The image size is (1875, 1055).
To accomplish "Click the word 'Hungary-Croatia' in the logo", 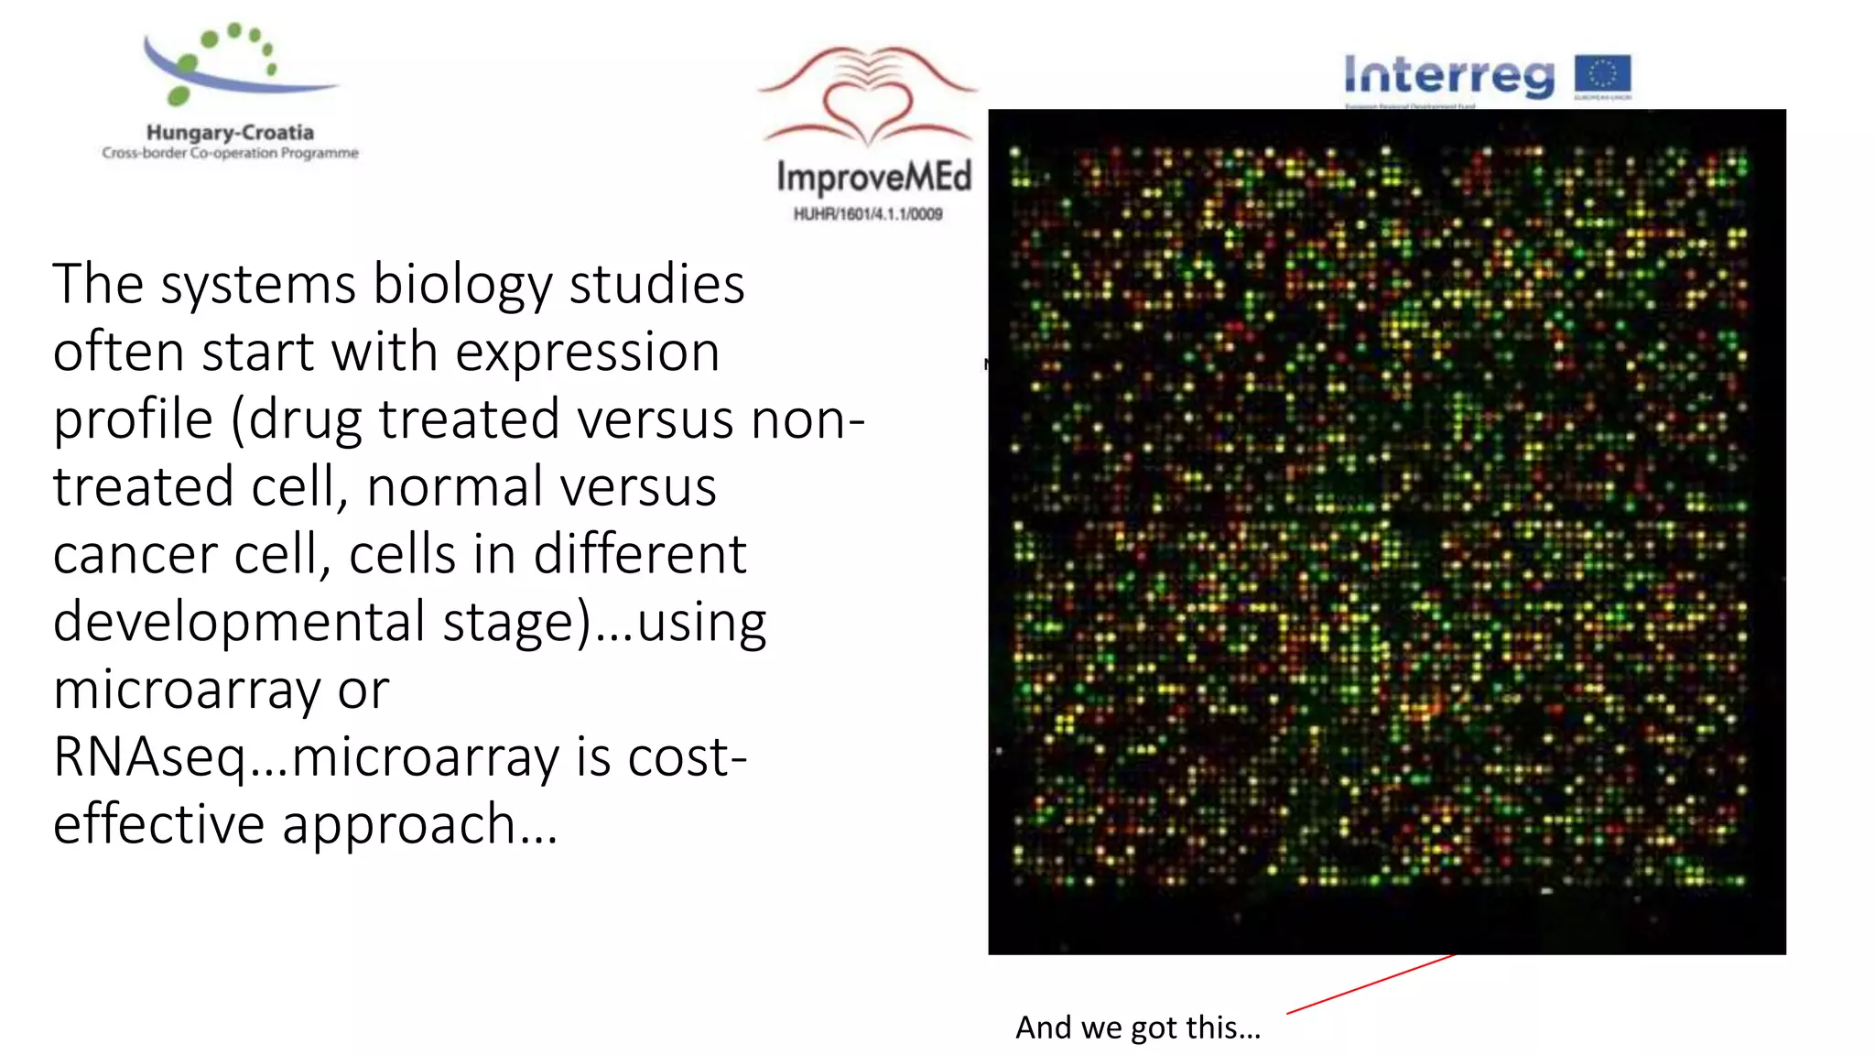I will click(x=230, y=133).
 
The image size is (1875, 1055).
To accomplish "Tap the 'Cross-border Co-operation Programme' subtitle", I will click(x=230, y=153).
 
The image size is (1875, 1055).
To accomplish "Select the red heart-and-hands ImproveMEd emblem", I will click(x=868, y=96).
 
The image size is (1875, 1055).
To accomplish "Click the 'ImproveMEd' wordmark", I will click(x=873, y=177).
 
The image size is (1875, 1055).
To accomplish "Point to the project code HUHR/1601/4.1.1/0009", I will click(x=868, y=214).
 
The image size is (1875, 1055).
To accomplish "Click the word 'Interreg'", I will click(x=1449, y=75).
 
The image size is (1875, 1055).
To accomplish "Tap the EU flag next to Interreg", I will click(x=1602, y=74).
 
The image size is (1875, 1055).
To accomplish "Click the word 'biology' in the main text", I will click(x=462, y=285).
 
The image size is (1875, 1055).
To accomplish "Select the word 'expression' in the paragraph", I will click(x=587, y=353).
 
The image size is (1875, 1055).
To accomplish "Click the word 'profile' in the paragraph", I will click(x=133, y=420).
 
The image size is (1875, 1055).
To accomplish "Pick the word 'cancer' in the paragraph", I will click(x=135, y=555).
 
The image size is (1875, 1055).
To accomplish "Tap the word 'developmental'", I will click(x=240, y=623).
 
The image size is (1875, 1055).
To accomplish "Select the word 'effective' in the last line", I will click(x=158, y=824).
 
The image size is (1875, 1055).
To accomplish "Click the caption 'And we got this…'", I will click(x=1138, y=1028).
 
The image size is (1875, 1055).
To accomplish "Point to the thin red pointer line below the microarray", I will click(x=1371, y=984).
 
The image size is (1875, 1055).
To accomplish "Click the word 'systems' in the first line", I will click(x=258, y=285).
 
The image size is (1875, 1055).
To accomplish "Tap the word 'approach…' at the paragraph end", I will click(x=419, y=824).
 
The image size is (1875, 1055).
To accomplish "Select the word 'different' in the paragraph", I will click(x=640, y=555).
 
